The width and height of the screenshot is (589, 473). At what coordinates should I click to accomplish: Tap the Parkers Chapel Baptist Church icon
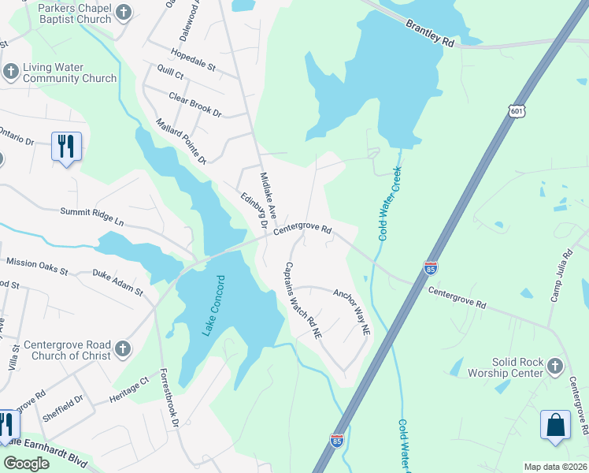tap(123, 12)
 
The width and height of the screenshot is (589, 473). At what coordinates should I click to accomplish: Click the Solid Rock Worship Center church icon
tap(555, 366)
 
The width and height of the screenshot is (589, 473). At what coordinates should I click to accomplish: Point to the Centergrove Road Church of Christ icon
tap(122, 348)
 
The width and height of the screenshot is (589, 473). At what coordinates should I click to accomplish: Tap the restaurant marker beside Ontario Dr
tap(66, 147)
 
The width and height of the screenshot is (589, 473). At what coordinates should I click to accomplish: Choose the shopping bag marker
tap(555, 424)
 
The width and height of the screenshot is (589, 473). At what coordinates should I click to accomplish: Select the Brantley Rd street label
tap(430, 35)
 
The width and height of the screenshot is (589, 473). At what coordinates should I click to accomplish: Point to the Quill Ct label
tap(169, 74)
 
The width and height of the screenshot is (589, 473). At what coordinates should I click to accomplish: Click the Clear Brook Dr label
tap(194, 105)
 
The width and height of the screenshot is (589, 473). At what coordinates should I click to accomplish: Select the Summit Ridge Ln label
tap(93, 217)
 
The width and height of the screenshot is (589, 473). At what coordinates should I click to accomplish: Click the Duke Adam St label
tap(117, 283)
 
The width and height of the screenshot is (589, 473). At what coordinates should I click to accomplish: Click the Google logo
tap(27, 464)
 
